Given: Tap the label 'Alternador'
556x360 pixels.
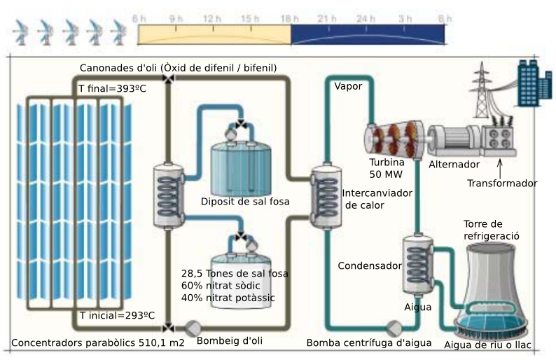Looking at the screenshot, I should coord(454,165).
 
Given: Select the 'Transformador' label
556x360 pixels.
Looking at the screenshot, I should coord(502,184).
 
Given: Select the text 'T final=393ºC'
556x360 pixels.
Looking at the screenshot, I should coord(113,88).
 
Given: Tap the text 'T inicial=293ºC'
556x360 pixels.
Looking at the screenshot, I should coord(117,316).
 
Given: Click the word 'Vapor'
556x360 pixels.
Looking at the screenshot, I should coord(348,86).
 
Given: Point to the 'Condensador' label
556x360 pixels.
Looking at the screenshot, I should coord(369,266).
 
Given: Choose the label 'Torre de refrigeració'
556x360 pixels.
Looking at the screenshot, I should coord(491,230).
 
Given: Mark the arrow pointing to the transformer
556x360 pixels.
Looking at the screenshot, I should coord(500,166).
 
